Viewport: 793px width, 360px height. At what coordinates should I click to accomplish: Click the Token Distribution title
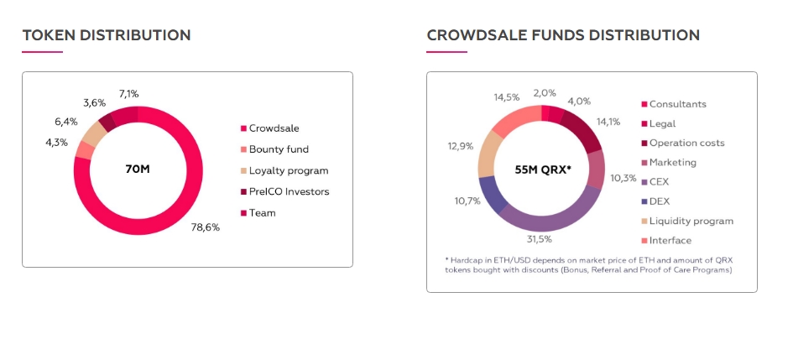(107, 35)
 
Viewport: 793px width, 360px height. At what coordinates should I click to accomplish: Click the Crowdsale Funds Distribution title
(563, 35)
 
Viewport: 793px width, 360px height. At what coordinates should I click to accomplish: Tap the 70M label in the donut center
(137, 170)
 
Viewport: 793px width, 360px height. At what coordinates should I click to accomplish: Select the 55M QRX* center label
(542, 170)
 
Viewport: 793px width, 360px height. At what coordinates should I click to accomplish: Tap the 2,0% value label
(545, 93)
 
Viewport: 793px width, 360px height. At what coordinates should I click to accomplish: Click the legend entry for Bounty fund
(279, 149)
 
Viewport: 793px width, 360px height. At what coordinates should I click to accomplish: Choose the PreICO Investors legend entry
(289, 191)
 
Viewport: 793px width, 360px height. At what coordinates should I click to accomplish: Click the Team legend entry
(262, 212)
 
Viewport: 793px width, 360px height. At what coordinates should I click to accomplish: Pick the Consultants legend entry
(677, 104)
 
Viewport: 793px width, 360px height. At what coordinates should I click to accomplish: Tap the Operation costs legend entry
(686, 143)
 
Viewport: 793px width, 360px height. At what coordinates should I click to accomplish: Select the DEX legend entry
(660, 201)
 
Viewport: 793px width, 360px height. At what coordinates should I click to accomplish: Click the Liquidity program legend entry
(691, 221)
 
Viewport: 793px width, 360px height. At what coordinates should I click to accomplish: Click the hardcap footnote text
(588, 264)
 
